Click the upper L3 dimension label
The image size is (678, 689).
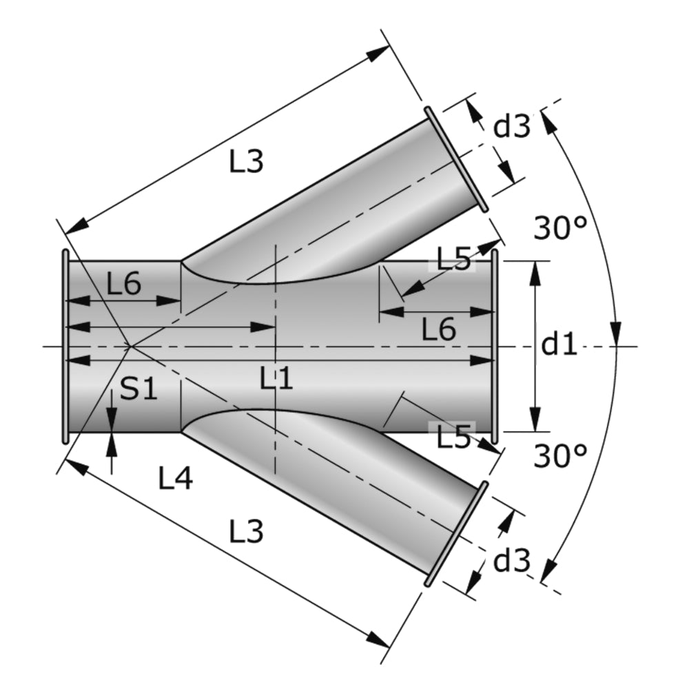(246, 162)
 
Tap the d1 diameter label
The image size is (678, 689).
(558, 344)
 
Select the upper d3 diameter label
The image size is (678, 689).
(513, 127)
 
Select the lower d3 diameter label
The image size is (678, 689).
(513, 562)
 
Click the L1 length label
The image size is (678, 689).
(276, 378)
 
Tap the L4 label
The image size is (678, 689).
(176, 478)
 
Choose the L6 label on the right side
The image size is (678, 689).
(439, 331)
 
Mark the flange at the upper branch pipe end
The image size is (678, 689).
(455, 159)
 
